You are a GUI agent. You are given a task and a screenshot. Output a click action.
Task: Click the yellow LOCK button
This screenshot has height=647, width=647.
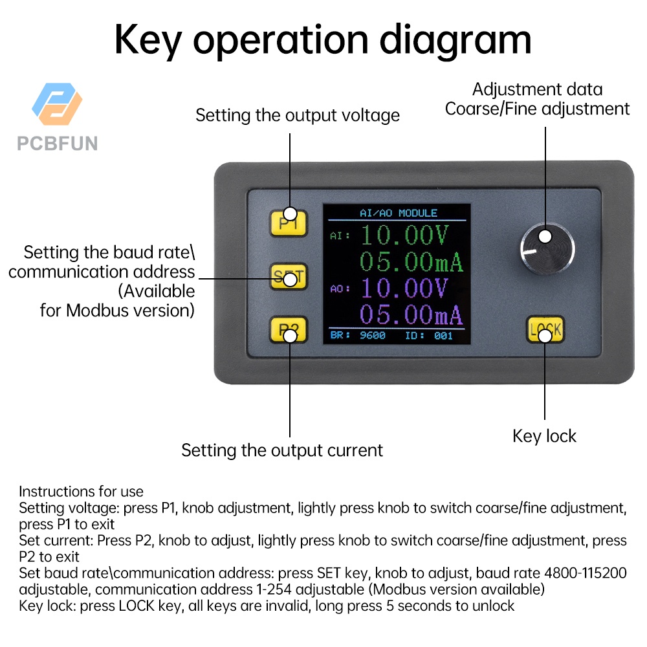[x=544, y=330]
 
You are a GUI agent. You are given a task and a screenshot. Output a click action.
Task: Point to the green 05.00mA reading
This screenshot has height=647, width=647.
[x=411, y=262]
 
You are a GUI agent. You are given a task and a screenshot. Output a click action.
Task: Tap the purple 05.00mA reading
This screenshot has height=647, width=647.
[x=411, y=315]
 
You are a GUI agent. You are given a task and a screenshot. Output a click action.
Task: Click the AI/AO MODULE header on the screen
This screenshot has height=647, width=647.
[x=398, y=213]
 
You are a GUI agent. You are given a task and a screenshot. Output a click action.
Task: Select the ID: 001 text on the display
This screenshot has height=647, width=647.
[x=429, y=336]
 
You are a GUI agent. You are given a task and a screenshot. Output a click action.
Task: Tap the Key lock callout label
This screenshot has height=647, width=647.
[x=544, y=436]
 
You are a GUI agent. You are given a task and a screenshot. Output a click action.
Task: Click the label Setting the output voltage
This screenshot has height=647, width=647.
[x=298, y=115]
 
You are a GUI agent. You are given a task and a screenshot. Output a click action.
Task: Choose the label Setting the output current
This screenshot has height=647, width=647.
[x=282, y=450]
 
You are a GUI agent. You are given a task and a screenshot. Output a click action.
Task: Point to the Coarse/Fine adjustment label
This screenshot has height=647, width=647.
[x=537, y=109]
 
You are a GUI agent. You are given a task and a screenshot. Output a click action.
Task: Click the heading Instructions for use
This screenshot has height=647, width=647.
[x=81, y=491]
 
